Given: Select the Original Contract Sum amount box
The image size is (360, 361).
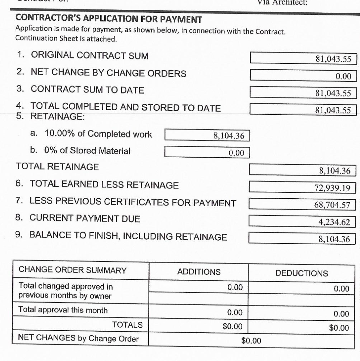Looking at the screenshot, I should (x=304, y=59).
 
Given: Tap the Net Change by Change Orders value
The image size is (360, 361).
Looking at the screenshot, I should (x=304, y=76).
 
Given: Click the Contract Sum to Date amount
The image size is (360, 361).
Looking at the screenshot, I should (x=304, y=93).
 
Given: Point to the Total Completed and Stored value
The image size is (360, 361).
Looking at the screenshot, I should (x=304, y=109).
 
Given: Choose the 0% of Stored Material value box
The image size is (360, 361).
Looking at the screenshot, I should (x=207, y=153).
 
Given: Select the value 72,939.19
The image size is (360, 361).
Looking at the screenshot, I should (x=304, y=187).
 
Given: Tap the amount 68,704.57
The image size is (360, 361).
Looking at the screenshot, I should (x=304, y=205).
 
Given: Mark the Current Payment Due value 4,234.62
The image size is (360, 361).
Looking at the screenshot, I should (x=304, y=221).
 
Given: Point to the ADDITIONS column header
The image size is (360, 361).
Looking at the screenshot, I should (x=198, y=272).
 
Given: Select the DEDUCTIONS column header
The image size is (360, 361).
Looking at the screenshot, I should (x=302, y=273).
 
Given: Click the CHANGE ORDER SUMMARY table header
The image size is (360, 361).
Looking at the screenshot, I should (x=72, y=270).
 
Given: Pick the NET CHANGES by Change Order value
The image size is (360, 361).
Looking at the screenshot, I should (x=251, y=340).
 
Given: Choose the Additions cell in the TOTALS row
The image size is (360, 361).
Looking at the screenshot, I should (x=198, y=326).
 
